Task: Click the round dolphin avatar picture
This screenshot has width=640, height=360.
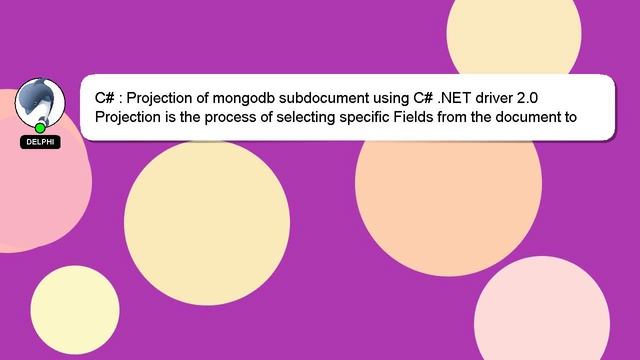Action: (40, 103)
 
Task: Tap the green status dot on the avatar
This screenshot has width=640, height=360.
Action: (40, 128)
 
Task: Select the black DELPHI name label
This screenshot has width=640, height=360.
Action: (40, 142)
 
